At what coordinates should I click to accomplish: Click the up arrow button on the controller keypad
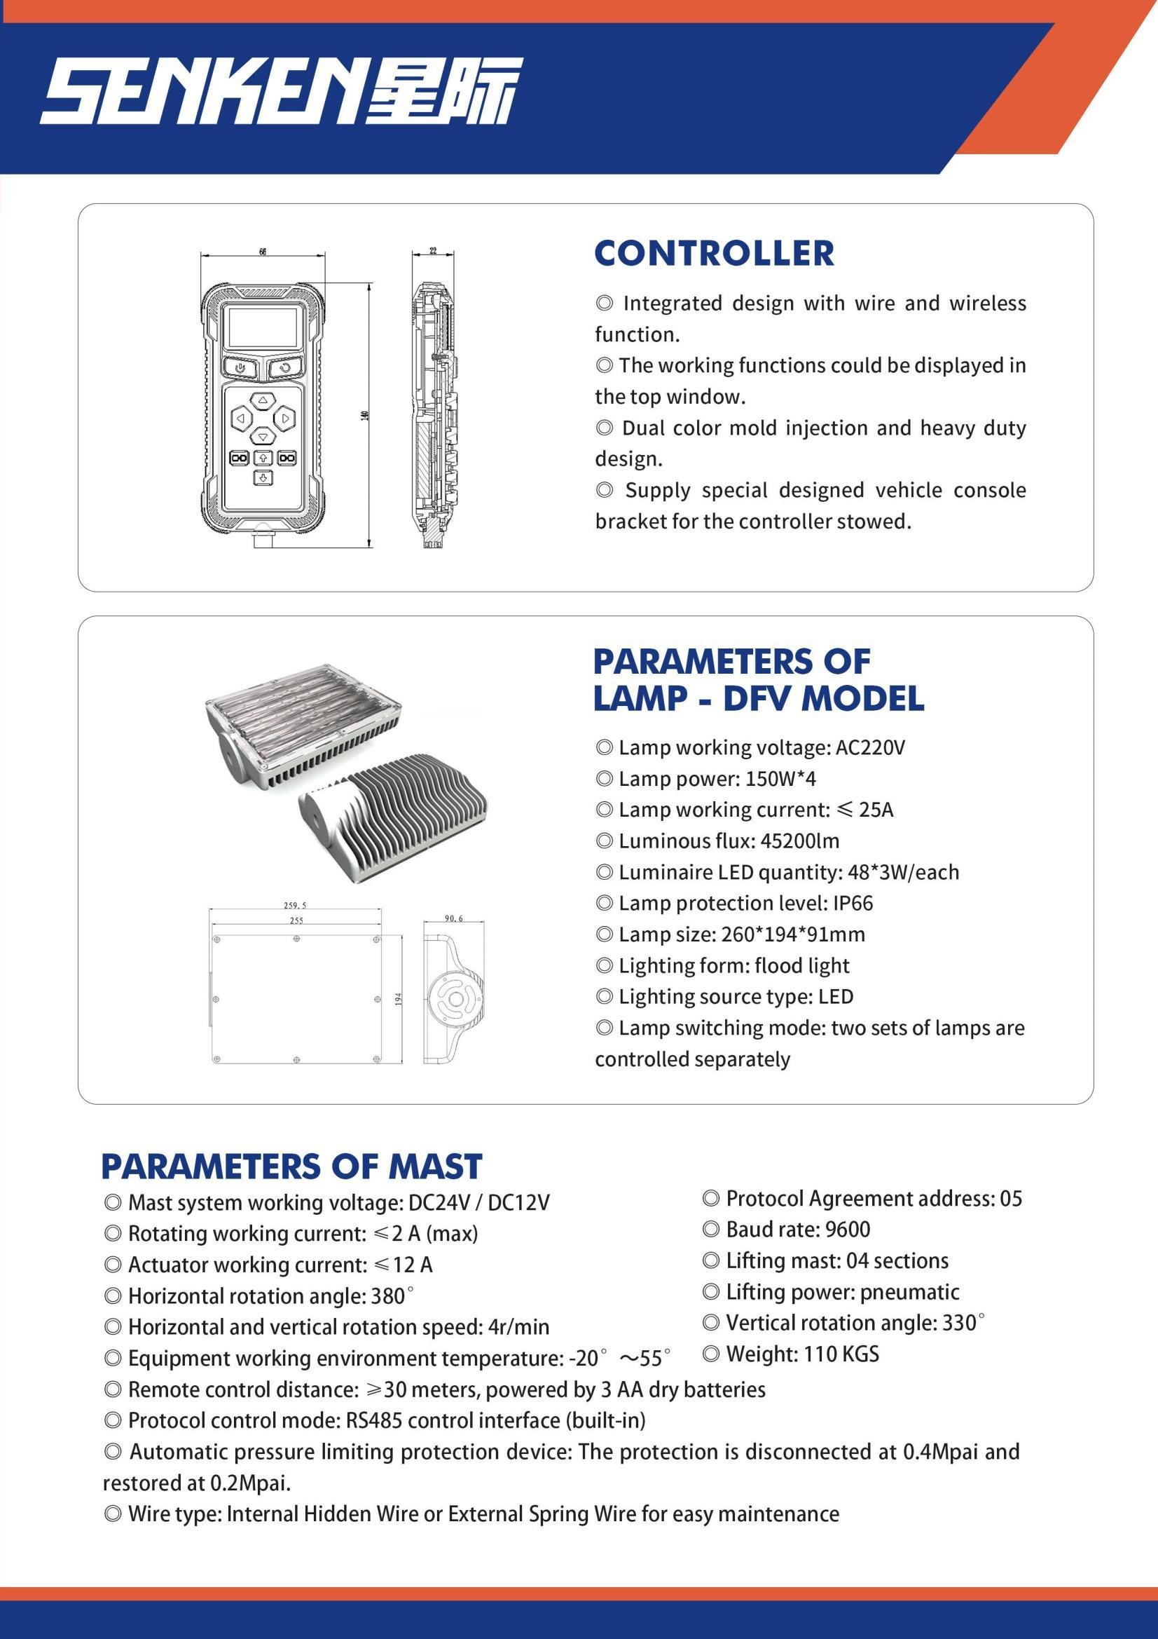263,400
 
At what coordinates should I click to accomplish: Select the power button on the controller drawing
242,368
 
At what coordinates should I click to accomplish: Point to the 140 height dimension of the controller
364,416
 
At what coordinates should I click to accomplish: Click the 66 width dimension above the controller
263,252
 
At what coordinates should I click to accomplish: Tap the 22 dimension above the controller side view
432,251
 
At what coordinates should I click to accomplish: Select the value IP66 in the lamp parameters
853,903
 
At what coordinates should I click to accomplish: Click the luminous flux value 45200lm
800,841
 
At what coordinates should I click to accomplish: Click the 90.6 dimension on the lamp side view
454,918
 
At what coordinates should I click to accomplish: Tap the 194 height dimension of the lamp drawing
399,1000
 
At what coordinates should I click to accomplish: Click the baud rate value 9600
848,1230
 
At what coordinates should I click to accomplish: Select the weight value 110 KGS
841,1354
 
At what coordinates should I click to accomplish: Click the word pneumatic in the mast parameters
909,1292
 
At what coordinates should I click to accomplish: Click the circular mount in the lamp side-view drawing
455,1000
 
